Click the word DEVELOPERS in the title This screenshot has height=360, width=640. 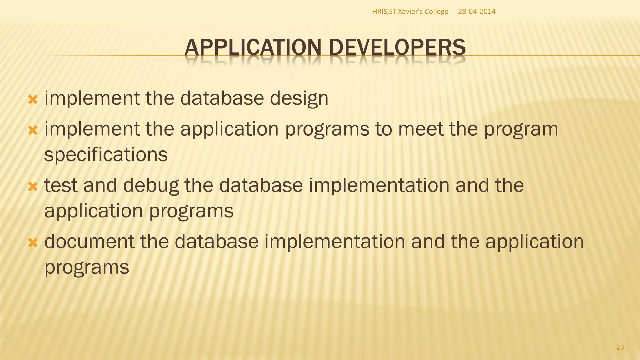397,48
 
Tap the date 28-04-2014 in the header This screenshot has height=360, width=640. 477,12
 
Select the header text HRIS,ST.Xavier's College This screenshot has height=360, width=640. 410,12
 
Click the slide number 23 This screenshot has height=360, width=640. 620,347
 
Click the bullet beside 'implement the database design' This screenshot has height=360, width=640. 33,100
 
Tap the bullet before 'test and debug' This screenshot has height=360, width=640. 33,187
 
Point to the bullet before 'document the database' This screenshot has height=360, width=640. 33,243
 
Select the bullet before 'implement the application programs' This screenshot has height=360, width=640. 33,130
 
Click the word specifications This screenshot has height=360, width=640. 106,154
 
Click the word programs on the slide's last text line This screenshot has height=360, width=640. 87,267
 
